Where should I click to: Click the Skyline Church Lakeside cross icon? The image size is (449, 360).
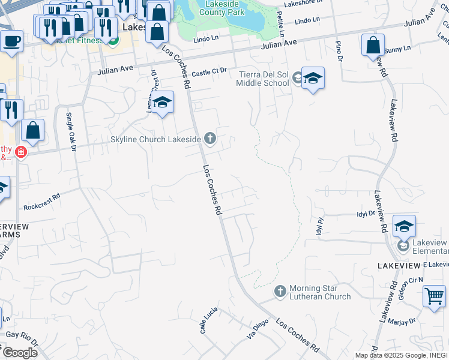click(x=209, y=139)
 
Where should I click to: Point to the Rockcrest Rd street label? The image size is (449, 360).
click(x=42, y=201)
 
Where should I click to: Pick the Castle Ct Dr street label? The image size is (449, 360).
click(x=210, y=71)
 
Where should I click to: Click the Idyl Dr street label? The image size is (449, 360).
click(x=366, y=213)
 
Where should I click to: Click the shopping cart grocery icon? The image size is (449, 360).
click(x=434, y=296)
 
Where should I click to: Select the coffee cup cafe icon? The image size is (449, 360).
click(x=11, y=41)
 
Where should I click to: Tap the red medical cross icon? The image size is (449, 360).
click(x=20, y=152)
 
